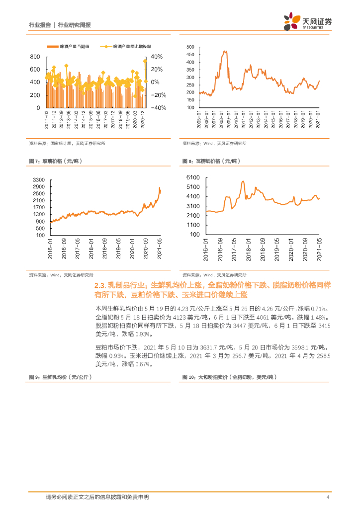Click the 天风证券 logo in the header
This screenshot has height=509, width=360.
(308, 21)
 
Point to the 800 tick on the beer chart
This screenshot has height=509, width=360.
(35, 56)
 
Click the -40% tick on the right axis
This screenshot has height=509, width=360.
(158, 108)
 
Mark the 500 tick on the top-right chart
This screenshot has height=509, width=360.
(189, 47)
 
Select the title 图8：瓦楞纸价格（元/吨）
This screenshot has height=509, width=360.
(211, 162)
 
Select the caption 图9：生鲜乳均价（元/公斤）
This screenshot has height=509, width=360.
(59, 377)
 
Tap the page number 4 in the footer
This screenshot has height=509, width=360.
(328, 498)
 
